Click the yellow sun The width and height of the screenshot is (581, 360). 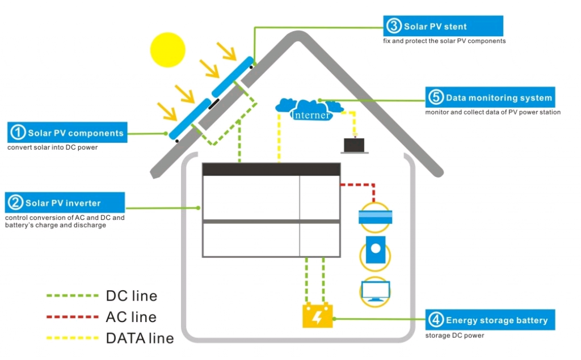[168, 49]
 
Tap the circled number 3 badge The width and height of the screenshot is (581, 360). [393, 26]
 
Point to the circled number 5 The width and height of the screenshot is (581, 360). [436, 98]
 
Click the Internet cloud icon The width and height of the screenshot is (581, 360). [310, 109]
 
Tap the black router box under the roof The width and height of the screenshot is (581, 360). [355, 146]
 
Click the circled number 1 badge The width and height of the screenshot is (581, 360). [18, 133]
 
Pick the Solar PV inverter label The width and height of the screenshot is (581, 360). [64, 202]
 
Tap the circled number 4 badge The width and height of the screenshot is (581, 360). [436, 320]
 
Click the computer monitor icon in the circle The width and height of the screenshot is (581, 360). [375, 291]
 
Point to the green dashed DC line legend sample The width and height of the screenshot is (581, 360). [72, 296]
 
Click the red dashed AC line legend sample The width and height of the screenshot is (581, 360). [72, 317]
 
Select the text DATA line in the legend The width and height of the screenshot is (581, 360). [139, 338]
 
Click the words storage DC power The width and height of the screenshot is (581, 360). [454, 335]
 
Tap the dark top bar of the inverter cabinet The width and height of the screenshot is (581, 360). [271, 169]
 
